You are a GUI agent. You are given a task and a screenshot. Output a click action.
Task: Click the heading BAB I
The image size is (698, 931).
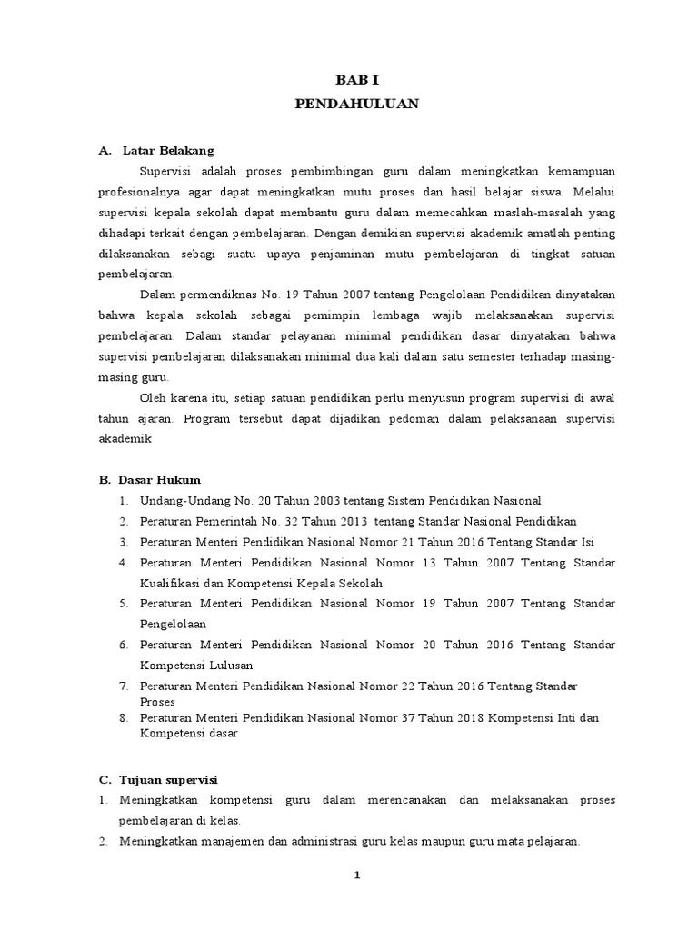(x=357, y=80)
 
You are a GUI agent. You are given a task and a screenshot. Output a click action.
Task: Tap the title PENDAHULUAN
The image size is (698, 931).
(x=357, y=104)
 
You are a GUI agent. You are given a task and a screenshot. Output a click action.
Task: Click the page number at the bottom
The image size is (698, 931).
(x=357, y=875)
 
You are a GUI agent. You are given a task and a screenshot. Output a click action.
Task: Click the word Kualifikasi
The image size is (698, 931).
(x=170, y=583)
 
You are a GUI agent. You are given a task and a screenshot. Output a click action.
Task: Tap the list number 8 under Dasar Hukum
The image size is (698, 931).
(x=123, y=717)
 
